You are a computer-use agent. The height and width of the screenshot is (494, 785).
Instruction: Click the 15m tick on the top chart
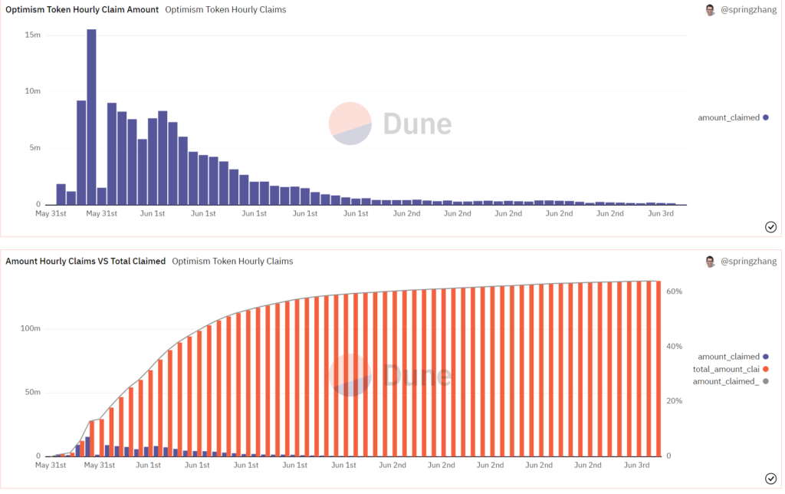click(32, 35)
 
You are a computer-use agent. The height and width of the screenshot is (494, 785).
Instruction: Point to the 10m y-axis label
click(32, 91)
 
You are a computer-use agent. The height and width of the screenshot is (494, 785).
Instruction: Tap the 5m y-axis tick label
click(34, 148)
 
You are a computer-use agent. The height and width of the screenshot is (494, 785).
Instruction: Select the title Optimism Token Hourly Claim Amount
click(82, 10)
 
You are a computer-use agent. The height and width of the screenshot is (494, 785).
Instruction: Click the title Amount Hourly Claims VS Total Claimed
click(85, 261)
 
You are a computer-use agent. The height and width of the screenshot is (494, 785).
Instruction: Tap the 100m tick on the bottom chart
click(30, 328)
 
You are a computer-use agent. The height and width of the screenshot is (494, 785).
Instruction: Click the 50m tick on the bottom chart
click(32, 392)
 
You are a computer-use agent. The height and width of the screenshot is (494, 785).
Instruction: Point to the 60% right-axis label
click(675, 291)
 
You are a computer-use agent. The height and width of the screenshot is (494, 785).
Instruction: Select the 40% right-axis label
click(675, 347)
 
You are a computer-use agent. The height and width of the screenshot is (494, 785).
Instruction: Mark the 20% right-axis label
click(675, 401)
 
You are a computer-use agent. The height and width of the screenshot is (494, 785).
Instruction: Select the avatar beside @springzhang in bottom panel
click(711, 262)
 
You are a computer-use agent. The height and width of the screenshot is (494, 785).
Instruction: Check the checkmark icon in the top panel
click(771, 226)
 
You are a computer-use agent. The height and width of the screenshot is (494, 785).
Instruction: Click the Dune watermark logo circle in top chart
click(350, 123)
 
